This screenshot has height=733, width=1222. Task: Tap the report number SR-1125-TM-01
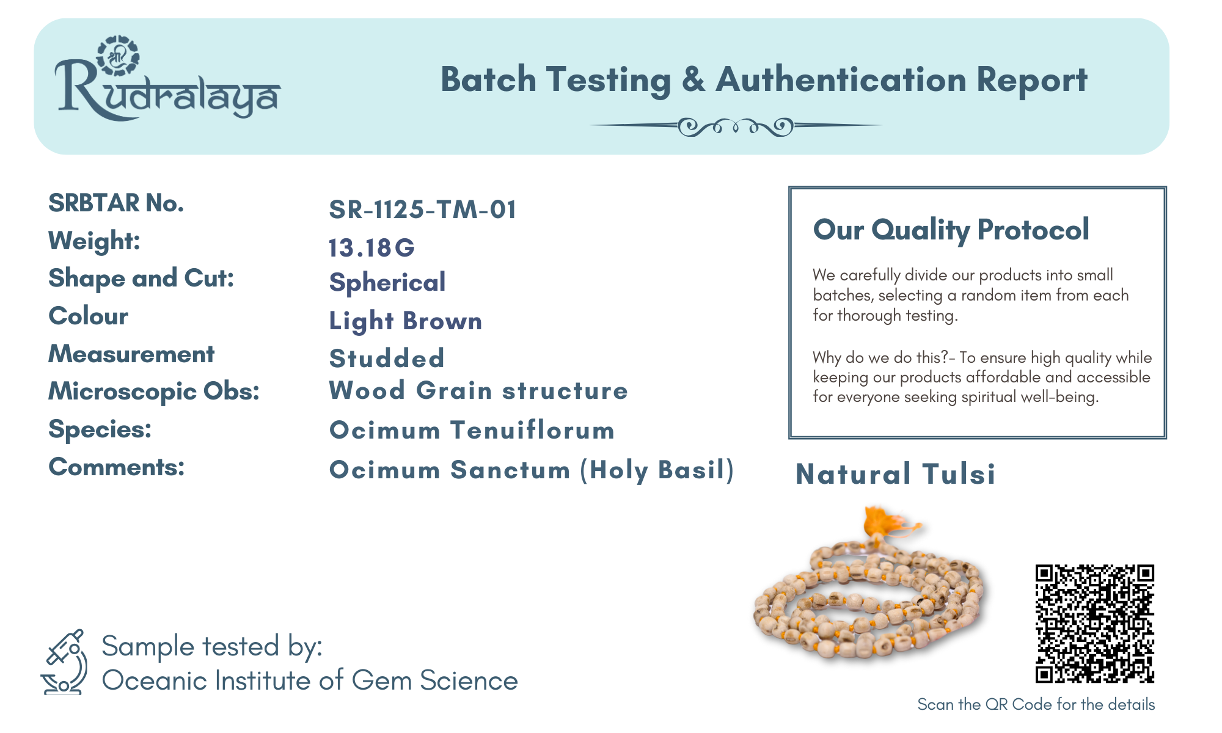[423, 210]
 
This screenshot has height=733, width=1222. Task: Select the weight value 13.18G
[371, 247]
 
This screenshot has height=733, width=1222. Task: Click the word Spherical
[387, 283]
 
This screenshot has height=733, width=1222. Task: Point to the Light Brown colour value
[406, 321]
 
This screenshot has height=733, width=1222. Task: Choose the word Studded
[387, 359]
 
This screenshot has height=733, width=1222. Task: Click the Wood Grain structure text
[478, 391]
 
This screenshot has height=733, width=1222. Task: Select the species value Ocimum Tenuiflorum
[472, 430]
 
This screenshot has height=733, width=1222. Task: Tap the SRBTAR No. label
[116, 203]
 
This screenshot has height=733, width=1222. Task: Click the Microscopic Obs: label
[154, 392]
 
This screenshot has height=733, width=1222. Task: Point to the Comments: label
[116, 467]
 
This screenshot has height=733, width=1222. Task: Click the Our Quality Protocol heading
[951, 230]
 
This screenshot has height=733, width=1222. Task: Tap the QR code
[1095, 624]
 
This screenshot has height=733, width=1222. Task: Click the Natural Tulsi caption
[896, 474]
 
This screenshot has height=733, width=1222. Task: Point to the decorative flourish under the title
[736, 126]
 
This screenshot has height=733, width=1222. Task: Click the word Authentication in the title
[841, 80]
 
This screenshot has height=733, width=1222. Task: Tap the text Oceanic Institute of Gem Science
[310, 680]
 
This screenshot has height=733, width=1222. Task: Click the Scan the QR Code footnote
[1036, 704]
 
